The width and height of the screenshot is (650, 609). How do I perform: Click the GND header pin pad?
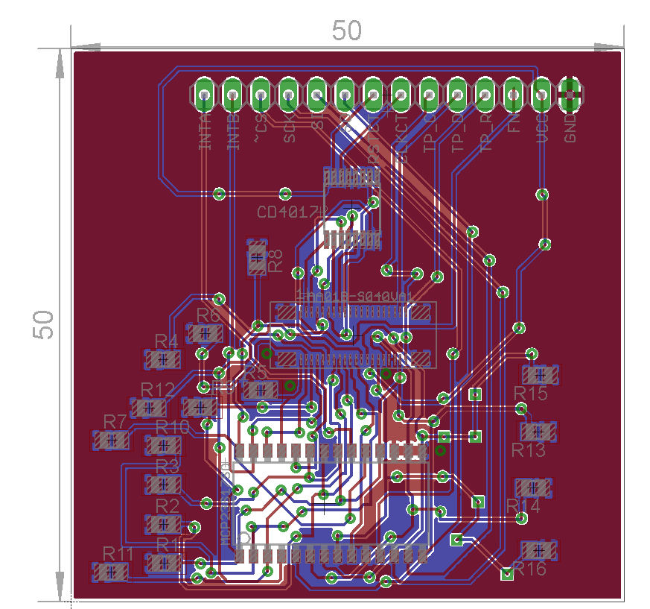tap(570, 95)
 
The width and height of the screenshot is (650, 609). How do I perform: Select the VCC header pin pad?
tap(542, 95)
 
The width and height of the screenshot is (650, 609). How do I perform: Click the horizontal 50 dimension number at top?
tap(347, 31)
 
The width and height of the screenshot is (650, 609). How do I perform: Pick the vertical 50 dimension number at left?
tap(45, 325)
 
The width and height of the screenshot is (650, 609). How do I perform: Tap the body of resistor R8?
tap(257, 259)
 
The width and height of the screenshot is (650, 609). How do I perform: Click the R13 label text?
tap(528, 450)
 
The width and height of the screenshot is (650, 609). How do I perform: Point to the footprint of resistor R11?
tap(110, 572)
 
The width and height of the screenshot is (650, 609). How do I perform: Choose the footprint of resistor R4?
tap(163, 359)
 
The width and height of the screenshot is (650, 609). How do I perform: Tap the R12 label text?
tap(157, 389)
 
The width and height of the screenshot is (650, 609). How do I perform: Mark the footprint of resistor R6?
tap(205, 333)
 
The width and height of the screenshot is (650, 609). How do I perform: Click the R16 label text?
tap(529, 569)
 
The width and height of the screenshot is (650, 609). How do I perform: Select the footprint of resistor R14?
tap(533, 487)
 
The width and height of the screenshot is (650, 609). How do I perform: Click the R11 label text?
tap(118, 554)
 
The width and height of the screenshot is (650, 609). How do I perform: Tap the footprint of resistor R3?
tap(163, 485)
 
